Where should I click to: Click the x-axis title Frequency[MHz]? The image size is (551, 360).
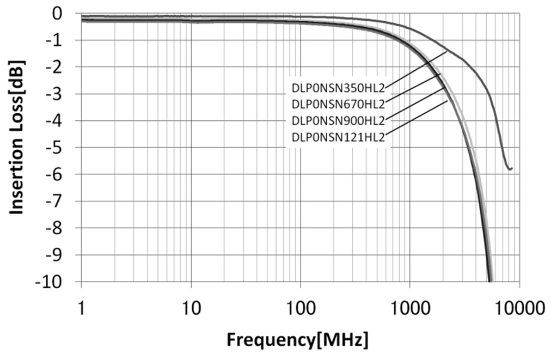pyautogui.click(x=297, y=340)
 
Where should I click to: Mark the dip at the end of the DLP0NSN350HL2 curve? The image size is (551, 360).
pyautogui.click(x=509, y=169)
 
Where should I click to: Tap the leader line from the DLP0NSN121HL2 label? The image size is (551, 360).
pyautogui.click(x=417, y=119)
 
